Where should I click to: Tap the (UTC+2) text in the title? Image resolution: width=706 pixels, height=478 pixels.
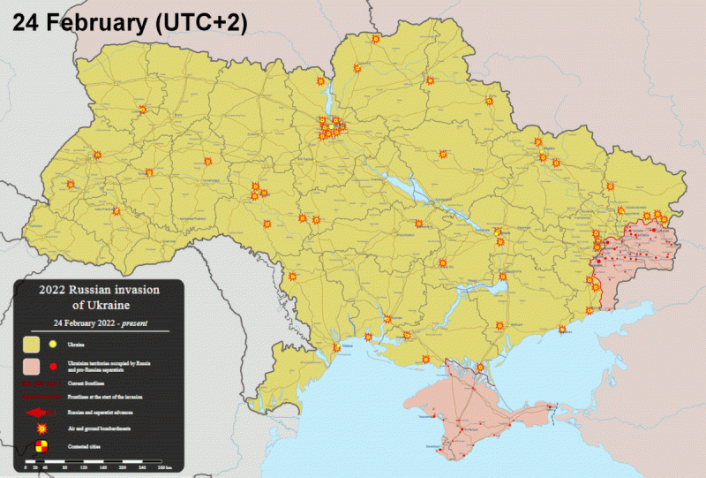[199, 22]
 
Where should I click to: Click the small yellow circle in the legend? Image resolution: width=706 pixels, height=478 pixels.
[54, 344]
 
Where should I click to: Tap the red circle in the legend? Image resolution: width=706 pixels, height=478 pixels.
[54, 366]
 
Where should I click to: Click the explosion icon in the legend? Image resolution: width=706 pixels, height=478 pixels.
[42, 430]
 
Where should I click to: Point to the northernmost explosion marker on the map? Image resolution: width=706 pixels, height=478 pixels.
[376, 40]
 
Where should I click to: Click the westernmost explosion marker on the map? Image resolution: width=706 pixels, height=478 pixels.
[71, 185]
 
